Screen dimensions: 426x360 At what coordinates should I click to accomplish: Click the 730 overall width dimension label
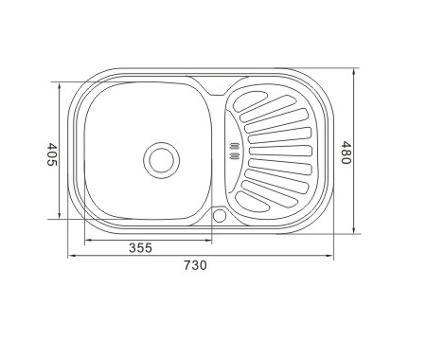click(195, 265)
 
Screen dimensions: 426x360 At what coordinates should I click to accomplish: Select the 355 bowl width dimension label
click(140, 247)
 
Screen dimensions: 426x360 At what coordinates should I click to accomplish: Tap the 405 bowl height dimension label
click(51, 154)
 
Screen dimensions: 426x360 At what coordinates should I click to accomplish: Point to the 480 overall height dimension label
click(346, 153)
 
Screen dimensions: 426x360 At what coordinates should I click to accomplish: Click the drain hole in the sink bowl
click(162, 160)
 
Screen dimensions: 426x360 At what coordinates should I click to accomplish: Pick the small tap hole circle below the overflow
click(220, 215)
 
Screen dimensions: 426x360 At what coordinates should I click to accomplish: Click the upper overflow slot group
click(235, 146)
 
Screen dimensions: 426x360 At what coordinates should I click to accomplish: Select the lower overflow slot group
click(235, 155)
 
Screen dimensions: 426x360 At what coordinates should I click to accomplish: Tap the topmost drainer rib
click(250, 100)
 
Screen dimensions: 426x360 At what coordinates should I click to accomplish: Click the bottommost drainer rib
click(252, 202)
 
